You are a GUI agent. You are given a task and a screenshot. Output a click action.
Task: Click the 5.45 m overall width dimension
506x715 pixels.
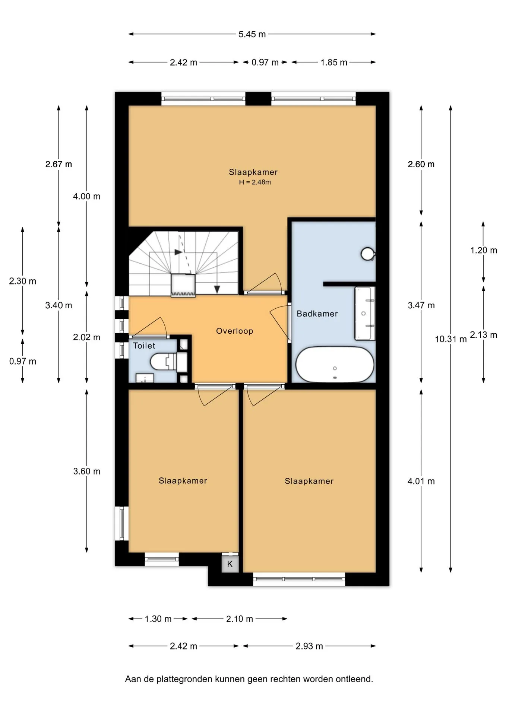pos(252,34)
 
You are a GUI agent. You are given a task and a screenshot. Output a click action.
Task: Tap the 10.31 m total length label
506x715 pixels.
pos(450,339)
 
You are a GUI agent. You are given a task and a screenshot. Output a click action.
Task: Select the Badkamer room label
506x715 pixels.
pos(317,314)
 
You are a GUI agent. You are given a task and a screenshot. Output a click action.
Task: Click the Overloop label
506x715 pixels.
pos(234,331)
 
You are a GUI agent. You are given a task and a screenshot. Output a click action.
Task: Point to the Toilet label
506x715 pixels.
pos(144,346)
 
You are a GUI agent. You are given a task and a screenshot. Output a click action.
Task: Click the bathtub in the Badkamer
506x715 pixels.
pos(335,365)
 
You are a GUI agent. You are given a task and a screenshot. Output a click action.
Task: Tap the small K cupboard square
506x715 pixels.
pos(230,564)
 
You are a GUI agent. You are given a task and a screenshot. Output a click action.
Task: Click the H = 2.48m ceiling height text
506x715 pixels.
pos(255,182)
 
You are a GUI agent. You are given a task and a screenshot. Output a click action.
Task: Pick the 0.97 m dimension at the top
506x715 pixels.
pos(265,63)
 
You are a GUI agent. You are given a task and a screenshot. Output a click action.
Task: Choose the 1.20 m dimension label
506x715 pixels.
pos(483,250)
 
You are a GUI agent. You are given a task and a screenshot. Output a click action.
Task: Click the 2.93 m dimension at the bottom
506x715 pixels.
pos(309,646)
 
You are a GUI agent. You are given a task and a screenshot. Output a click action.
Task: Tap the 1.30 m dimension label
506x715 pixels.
pos(158,619)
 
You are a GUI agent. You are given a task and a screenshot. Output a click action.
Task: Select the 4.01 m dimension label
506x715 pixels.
pos(421,481)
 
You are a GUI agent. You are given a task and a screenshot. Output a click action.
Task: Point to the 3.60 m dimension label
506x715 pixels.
pos(87,471)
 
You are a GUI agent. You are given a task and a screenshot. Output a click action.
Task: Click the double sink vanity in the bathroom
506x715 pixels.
pos(364,314)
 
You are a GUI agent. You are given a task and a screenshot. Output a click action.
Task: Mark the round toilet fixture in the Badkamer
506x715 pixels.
pos(368,254)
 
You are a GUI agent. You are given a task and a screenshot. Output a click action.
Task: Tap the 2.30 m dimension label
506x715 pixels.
pos(23,281)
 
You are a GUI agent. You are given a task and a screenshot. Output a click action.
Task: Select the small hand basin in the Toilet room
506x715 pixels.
pos(145,378)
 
